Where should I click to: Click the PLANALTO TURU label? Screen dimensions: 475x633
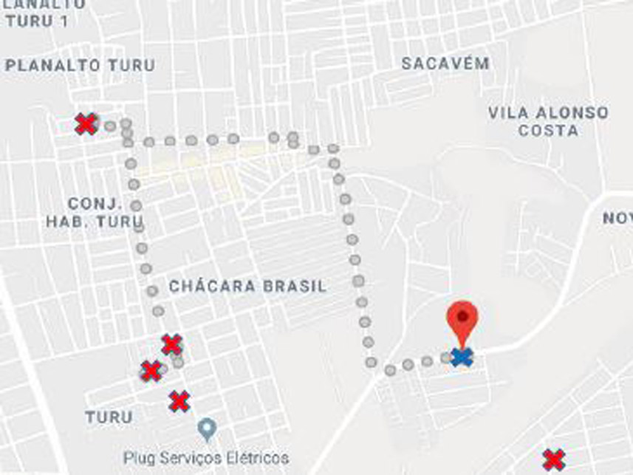80,66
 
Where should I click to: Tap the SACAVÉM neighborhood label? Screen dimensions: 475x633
445,64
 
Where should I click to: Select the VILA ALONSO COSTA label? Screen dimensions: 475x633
548,122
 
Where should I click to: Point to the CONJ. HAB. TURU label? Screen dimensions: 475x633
95,212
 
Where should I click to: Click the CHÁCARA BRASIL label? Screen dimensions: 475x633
247,287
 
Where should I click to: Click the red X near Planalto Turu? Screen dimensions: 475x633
86,123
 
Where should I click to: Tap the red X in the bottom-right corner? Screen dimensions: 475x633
553,459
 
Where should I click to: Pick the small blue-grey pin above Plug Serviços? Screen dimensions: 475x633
208,427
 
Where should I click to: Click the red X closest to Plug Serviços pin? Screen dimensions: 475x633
179,401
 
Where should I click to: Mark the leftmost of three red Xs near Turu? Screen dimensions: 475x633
151,371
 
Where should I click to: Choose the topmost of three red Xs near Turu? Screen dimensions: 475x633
171,344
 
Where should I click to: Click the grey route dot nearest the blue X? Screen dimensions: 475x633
445,358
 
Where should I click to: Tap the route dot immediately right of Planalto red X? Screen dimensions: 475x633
110,126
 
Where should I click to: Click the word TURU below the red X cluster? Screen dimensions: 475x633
109,417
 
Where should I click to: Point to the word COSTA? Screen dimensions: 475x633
548,131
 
